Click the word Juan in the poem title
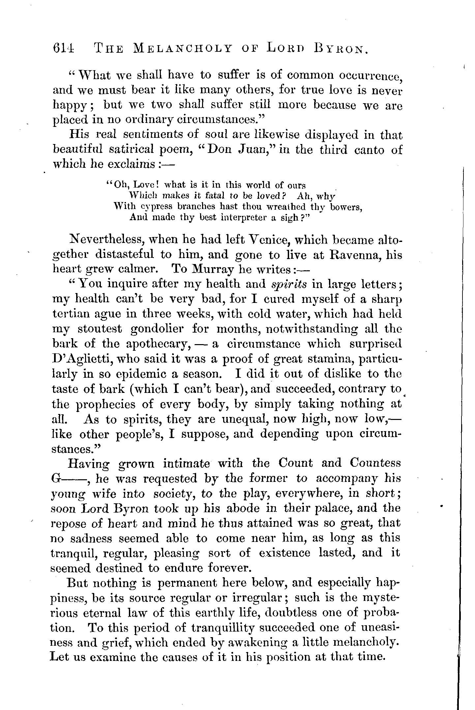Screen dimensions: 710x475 pyautogui.click(x=243, y=150)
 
